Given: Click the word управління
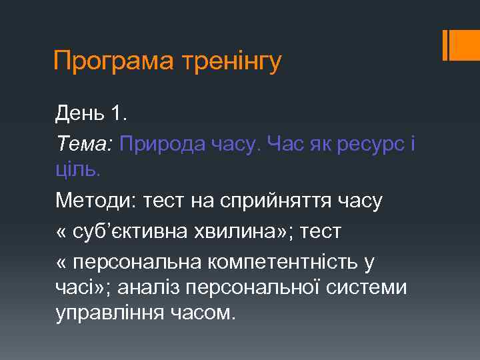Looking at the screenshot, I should click(x=107, y=313).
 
